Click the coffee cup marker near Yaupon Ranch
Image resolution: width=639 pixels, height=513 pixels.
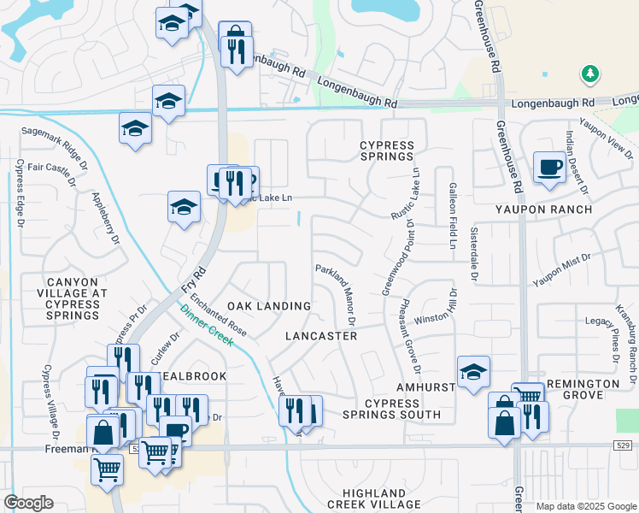550,167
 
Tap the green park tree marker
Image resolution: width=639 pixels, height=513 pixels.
589,75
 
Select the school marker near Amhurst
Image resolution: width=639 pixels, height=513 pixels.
473,373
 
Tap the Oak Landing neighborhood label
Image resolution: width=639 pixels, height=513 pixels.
269,306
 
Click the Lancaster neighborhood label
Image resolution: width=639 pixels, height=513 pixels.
321,336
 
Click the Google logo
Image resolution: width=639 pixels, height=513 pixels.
28,503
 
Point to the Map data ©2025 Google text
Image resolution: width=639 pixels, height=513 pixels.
586,506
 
